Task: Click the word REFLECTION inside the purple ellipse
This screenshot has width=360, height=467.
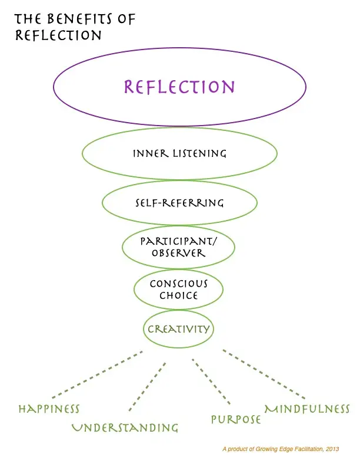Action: click(x=179, y=87)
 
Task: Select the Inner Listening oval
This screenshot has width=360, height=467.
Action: click(x=179, y=154)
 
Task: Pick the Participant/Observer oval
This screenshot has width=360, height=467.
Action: click(x=179, y=247)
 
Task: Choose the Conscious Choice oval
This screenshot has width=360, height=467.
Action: click(x=179, y=290)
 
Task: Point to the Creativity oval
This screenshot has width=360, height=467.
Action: click(x=179, y=329)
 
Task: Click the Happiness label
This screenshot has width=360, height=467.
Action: click(x=49, y=409)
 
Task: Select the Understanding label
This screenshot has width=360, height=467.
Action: click(x=125, y=427)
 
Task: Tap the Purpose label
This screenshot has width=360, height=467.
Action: click(x=236, y=419)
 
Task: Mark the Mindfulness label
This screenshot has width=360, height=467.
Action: click(x=307, y=409)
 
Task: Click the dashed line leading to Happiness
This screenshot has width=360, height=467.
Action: click(x=97, y=374)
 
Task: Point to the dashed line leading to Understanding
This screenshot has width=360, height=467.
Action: click(x=147, y=386)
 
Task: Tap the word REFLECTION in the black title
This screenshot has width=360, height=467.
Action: click(x=58, y=35)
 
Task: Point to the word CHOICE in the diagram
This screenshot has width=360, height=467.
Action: click(x=179, y=296)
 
